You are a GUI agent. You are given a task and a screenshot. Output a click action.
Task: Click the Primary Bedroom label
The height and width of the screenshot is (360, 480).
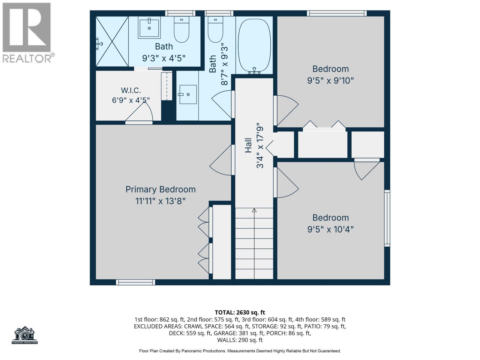[160, 190]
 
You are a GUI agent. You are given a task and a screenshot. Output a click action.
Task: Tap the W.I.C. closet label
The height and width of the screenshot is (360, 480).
[131, 90]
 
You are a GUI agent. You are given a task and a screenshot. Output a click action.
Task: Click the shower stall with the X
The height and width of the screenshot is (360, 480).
[112, 41]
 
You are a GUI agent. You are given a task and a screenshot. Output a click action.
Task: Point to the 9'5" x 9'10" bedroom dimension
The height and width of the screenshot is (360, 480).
[330, 81]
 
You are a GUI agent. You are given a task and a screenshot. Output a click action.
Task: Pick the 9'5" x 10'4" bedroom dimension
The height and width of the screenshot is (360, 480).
[330, 229]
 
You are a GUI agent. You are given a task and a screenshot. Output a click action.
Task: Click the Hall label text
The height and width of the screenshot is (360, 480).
[248, 145]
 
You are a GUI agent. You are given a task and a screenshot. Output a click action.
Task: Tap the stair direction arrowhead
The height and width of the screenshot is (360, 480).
[254, 210]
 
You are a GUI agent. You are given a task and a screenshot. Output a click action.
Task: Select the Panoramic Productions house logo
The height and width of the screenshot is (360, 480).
[25, 335]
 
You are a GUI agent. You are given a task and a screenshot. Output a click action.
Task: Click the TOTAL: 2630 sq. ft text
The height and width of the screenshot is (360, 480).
[240, 313]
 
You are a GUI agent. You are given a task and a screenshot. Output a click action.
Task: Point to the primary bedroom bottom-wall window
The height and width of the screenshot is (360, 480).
[135, 282]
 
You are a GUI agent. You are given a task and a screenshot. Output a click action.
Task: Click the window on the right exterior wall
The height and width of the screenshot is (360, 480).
[387, 218]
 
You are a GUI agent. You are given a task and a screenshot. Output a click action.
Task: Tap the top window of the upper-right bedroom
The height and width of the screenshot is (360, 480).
[337, 13]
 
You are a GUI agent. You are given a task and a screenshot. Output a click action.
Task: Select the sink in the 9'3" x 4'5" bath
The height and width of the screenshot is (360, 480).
[149, 28]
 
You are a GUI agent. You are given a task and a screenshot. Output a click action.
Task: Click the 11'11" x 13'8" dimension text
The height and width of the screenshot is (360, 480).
[160, 201]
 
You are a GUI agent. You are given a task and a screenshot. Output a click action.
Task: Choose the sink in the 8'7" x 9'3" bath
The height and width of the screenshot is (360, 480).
[188, 94]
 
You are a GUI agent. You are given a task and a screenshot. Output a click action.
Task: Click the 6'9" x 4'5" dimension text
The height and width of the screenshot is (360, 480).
[131, 100]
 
